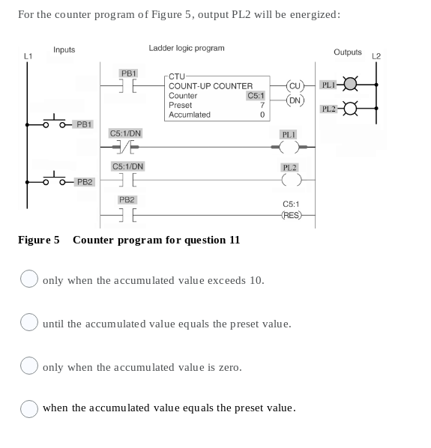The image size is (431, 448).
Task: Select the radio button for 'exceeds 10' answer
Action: click(x=28, y=280)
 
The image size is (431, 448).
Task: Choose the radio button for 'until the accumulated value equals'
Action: click(x=28, y=324)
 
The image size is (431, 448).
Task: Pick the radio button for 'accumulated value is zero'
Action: click(x=28, y=367)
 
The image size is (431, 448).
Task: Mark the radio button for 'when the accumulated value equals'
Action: click(x=28, y=408)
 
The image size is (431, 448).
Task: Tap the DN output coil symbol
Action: click(x=295, y=100)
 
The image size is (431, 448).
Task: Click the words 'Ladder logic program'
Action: click(x=187, y=48)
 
